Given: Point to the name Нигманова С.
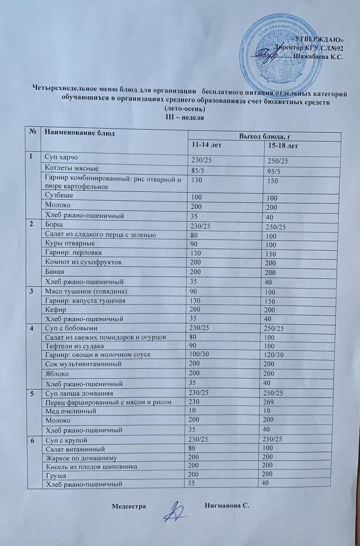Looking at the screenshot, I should pyautogui.click(x=226, y=506).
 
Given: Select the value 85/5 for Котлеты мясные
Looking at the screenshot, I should pyautogui.click(x=198, y=170).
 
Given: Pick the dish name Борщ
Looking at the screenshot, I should pyautogui.click(x=54, y=224).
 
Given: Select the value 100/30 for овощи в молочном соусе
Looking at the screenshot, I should pyautogui.click(x=200, y=353).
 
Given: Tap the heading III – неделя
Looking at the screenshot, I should pyautogui.click(x=182, y=116).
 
